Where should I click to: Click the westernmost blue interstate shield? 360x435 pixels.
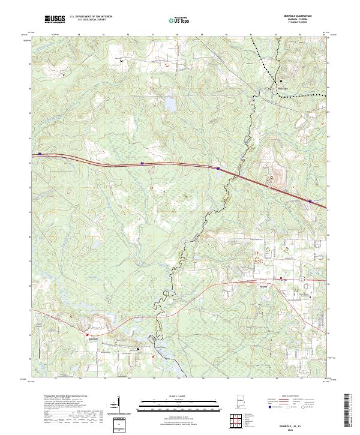coord(40,154)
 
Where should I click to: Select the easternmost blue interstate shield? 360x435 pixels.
coord(310,201)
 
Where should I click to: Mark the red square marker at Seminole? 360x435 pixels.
coord(88,335)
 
